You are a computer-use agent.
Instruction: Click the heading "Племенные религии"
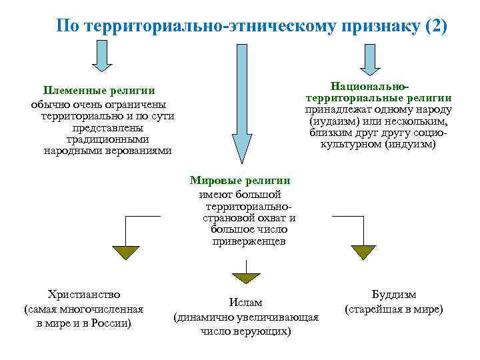[x=99, y=91]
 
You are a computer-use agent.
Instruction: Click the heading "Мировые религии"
[x=240, y=181]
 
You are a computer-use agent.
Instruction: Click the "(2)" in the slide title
[x=436, y=27]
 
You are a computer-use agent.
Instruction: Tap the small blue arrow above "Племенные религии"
[x=102, y=55]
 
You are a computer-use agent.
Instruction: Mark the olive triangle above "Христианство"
[x=125, y=252]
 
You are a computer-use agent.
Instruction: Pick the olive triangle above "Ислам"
[x=247, y=277]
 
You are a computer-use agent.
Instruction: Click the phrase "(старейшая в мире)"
[x=393, y=309]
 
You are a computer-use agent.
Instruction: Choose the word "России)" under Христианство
[x=111, y=323]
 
